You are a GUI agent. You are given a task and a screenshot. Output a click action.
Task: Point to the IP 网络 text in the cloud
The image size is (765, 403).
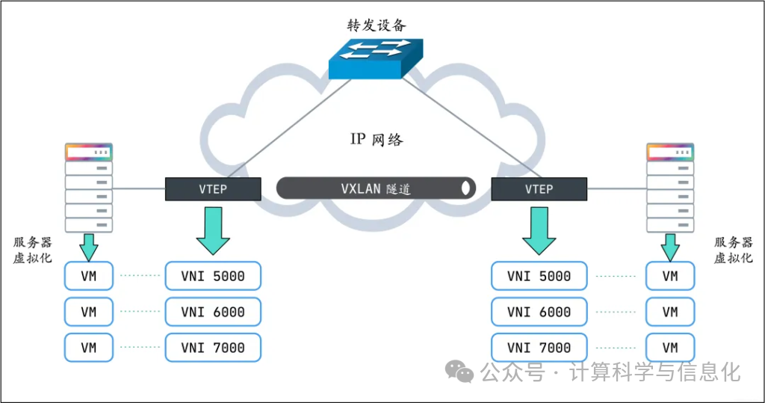[377, 139]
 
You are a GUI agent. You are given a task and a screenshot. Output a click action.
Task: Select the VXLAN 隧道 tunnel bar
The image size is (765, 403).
[376, 188]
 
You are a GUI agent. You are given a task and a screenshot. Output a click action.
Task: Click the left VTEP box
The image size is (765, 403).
[213, 189]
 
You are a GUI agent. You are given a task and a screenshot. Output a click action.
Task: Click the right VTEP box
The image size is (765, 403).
[539, 189]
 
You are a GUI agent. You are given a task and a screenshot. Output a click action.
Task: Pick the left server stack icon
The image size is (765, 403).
[89, 188]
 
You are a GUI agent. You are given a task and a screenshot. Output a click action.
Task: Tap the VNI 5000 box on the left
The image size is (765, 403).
[213, 276]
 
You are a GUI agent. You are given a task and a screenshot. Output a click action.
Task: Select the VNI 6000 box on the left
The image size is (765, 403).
[213, 312]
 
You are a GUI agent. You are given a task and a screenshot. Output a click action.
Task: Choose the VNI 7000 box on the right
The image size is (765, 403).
[539, 348]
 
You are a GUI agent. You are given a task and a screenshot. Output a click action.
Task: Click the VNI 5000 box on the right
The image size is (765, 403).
[539, 276]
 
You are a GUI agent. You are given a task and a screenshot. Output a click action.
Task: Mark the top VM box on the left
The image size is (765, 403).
[89, 276]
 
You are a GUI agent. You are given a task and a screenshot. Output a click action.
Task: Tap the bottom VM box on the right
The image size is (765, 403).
[670, 348]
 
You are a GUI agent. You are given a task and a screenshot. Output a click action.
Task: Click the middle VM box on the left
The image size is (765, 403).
[89, 312]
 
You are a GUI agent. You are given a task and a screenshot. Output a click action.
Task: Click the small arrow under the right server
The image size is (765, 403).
[670, 244]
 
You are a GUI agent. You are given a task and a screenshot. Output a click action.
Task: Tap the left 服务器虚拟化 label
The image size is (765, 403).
[33, 250]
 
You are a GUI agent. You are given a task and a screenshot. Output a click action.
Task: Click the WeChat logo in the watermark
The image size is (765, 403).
[459, 371]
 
